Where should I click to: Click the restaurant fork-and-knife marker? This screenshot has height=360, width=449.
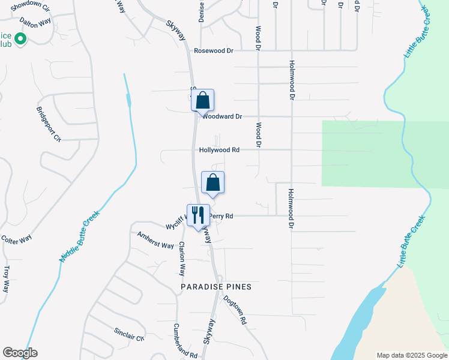(199, 214)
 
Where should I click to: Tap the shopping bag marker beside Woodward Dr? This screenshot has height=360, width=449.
(203, 100)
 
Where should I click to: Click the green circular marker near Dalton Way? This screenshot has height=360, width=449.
(20, 40)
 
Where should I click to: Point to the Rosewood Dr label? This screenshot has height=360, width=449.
(213, 51)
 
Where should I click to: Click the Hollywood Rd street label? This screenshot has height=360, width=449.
(220, 150)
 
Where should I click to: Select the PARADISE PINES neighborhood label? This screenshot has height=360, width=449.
(216, 287)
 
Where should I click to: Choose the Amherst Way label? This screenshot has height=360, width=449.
(155, 240)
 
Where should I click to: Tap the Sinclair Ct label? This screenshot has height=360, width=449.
(129, 334)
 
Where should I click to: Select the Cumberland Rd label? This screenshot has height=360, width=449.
(186, 341)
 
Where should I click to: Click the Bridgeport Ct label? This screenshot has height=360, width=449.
(49, 124)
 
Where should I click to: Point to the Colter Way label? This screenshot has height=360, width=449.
(17, 239)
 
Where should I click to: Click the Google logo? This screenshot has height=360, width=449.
(20, 353)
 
